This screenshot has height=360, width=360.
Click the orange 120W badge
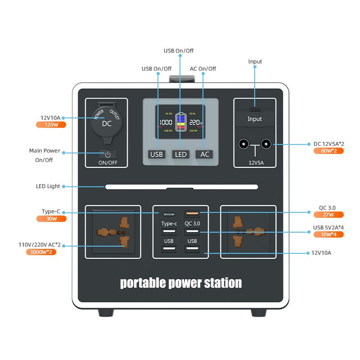point(51,125)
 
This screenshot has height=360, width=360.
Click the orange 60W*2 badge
point(328,151)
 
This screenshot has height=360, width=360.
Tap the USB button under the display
point(157,154)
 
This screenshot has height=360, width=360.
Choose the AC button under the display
point(205,154)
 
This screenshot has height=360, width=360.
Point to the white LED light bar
point(182,187)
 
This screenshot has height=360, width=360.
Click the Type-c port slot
point(169,214)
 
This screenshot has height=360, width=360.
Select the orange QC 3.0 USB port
point(192,214)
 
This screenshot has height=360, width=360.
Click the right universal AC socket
point(247,232)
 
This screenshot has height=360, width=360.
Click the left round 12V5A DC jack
point(243,144)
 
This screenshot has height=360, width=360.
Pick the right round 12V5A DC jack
point(266,144)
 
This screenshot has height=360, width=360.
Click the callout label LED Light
point(48,186)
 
